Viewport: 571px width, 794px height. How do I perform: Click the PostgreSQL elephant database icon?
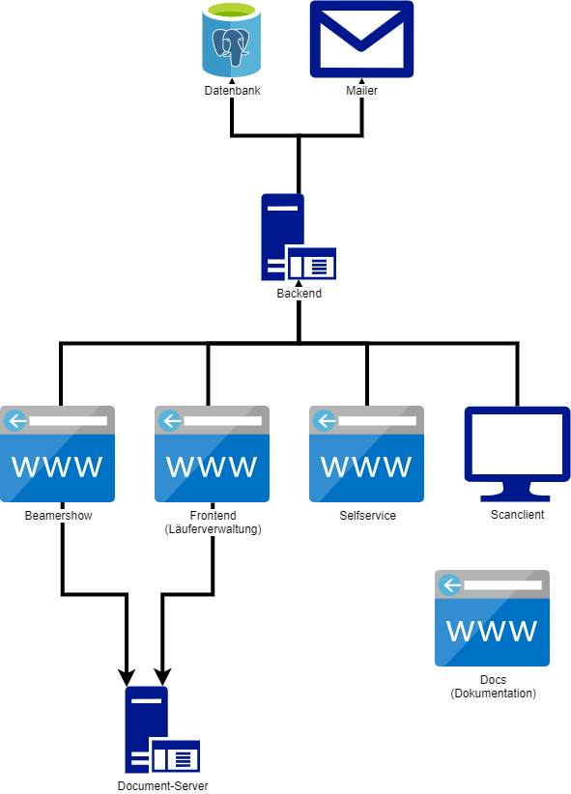pyautogui.click(x=232, y=40)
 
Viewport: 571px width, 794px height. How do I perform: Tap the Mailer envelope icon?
pyautogui.click(x=361, y=39)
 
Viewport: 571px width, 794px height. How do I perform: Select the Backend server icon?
pyautogui.click(x=299, y=237)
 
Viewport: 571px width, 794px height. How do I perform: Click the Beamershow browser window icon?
pyautogui.click(x=57, y=454)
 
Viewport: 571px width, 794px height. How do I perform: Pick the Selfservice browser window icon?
pyautogui.click(x=366, y=454)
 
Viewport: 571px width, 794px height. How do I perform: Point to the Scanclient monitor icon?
pyautogui.click(x=517, y=454)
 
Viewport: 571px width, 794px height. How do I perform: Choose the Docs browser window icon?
pyautogui.click(x=492, y=618)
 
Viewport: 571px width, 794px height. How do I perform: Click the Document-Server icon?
pyautogui.click(x=162, y=729)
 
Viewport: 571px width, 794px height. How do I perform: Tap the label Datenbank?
pyautogui.click(x=233, y=91)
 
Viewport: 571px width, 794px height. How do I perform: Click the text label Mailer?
pyautogui.click(x=361, y=91)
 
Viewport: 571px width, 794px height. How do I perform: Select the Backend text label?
pyautogui.click(x=299, y=294)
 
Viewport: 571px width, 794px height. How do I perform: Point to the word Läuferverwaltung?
pyautogui.click(x=214, y=529)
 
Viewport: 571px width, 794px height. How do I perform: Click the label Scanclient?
pyautogui.click(x=517, y=515)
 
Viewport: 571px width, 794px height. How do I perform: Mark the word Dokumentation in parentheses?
pyautogui.click(x=493, y=694)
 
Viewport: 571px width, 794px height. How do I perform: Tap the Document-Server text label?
pyautogui.click(x=162, y=786)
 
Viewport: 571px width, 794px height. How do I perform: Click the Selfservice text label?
pyautogui.click(x=367, y=516)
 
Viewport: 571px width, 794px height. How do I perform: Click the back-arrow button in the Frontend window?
pyautogui.click(x=170, y=421)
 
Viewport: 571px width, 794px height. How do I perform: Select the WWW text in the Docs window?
pyautogui.click(x=492, y=631)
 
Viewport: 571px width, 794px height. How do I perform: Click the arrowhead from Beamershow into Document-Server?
pyautogui.click(x=127, y=677)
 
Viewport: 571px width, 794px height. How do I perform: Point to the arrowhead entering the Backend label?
pyautogui.click(x=299, y=284)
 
